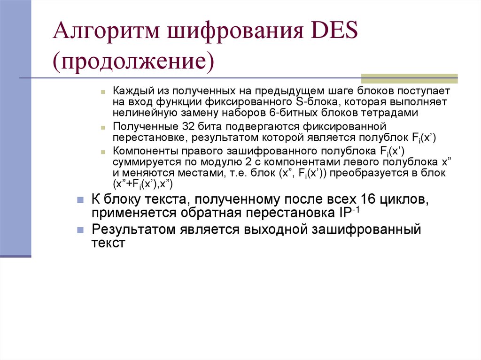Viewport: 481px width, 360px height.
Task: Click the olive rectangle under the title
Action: (409, 78)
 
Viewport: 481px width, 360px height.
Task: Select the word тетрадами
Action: (396, 113)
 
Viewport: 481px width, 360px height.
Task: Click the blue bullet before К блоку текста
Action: (80, 199)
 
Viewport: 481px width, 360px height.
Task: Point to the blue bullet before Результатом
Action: (80, 230)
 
